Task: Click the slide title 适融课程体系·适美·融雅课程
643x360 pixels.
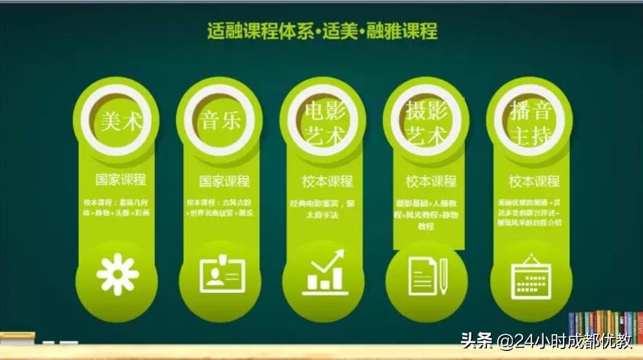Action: [322, 30]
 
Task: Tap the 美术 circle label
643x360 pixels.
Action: [121, 121]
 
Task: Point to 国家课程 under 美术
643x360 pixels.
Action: [121, 179]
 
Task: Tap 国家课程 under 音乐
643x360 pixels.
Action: [224, 181]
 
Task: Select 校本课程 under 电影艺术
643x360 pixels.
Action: [327, 181]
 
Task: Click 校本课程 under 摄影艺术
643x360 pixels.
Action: [430, 181]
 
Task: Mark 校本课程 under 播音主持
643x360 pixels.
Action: [533, 181]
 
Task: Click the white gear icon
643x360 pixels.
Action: [117, 275]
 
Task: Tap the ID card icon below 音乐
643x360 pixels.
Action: [222, 275]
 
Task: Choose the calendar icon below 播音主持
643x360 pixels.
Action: [531, 277]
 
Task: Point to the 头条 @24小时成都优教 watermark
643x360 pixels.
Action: [546, 340]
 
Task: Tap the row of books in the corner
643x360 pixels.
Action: [605, 326]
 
